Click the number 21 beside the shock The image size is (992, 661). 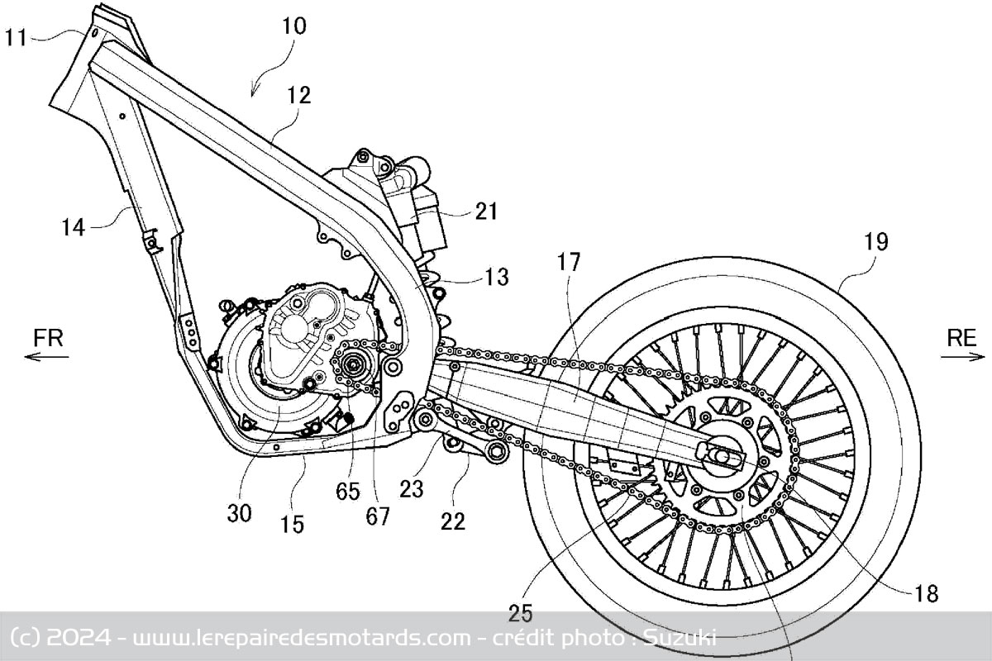pos(486,212)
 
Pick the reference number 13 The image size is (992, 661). pos(497,276)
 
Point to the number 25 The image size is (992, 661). pos(521,613)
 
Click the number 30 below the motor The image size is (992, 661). pos(239,512)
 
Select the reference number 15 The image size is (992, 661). pos(291,523)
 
